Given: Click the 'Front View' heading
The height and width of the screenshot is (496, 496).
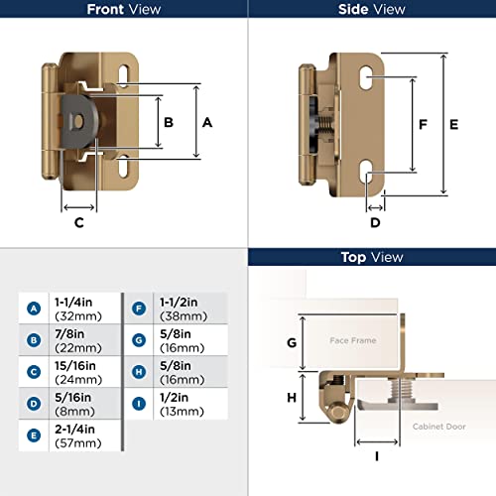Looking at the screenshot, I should pos(124,10).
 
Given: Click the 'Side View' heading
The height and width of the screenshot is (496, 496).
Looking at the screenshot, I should pos(372,10).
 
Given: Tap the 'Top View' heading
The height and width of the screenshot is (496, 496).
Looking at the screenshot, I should pos(372,257).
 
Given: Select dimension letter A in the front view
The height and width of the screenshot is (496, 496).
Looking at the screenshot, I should pos(207,122).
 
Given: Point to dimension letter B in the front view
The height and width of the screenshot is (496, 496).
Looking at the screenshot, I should pos(169,122).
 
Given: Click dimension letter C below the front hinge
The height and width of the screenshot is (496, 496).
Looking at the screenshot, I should pos(78,223).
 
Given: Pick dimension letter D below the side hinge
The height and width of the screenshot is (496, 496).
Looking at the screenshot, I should pos(375,222).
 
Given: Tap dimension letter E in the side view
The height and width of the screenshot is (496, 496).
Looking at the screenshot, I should pos(453,125).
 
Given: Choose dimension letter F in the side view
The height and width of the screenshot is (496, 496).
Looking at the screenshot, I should pos(395,126).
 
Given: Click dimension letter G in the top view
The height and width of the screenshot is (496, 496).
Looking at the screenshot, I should pos(292,342).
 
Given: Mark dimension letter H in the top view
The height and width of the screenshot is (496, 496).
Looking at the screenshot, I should pos(292,397).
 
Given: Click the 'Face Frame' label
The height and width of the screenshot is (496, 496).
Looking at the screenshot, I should pos(353,340).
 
